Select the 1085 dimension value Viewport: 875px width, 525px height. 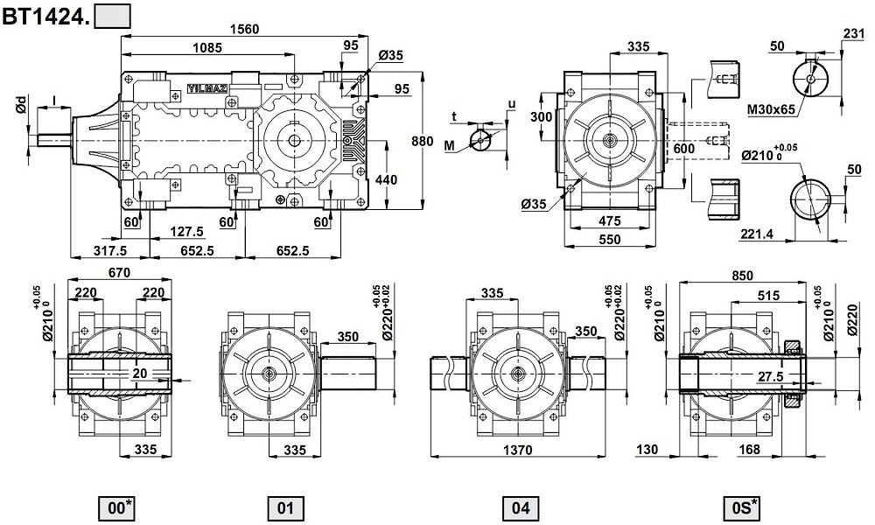[208, 47]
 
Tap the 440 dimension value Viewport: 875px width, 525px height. [385, 180]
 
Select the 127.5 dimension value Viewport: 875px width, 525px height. [187, 232]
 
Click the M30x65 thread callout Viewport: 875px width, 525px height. [771, 110]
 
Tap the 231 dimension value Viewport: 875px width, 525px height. [853, 34]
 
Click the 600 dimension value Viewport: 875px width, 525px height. [683, 150]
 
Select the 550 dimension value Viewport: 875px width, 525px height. [609, 239]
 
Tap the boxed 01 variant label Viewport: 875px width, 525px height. [285, 507]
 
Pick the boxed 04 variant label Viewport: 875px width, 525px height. [521, 507]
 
